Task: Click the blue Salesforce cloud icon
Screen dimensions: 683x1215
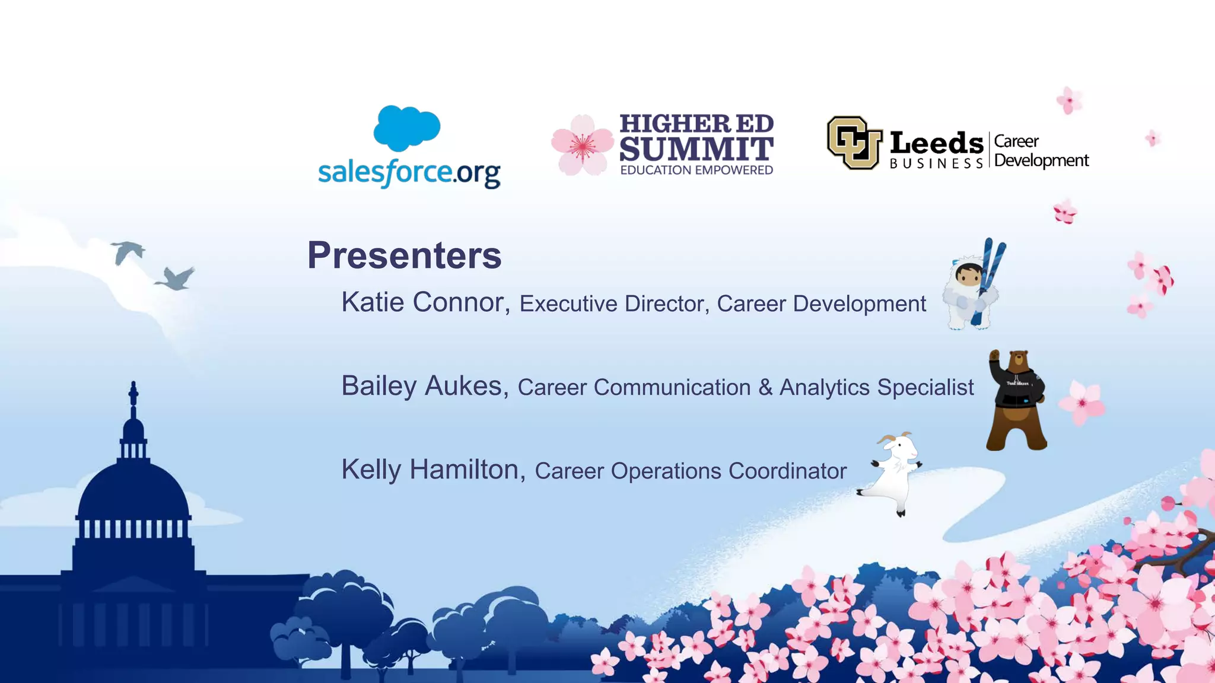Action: [407, 127]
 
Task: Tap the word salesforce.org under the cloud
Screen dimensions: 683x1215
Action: [409, 173]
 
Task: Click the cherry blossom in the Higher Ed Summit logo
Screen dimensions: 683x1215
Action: [582, 145]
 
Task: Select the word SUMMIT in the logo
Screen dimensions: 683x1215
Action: [696, 149]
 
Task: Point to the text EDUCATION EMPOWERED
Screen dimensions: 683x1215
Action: [696, 170]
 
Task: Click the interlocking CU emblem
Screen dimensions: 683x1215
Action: [854, 142]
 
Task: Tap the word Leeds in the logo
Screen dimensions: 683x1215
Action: [936, 143]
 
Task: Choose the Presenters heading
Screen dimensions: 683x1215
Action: [405, 256]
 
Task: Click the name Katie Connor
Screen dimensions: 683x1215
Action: [422, 302]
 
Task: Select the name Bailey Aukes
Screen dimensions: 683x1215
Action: [421, 386]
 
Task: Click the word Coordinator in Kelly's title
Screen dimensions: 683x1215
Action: [787, 471]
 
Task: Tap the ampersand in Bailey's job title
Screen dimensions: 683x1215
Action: [765, 387]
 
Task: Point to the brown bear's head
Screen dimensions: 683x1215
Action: [1019, 359]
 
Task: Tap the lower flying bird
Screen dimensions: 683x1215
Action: [176, 279]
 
